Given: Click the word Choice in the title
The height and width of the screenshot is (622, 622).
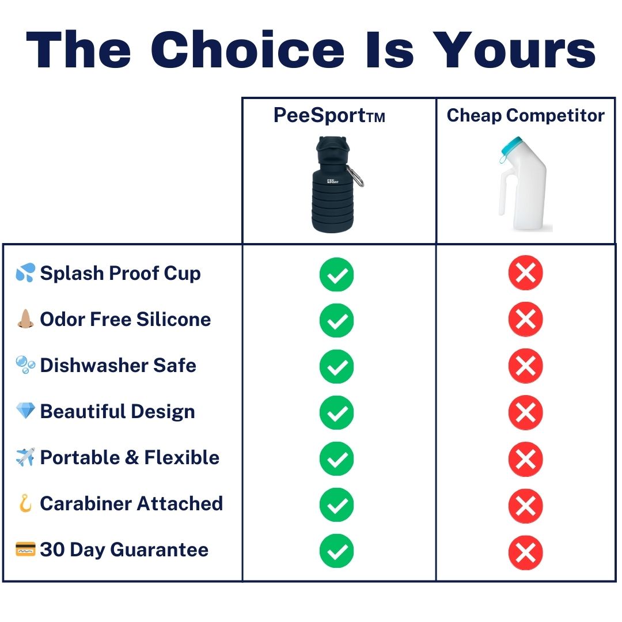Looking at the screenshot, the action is tap(248, 50).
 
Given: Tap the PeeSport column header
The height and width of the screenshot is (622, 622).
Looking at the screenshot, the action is tap(329, 115).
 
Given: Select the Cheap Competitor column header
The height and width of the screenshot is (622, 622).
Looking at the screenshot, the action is tap(526, 115).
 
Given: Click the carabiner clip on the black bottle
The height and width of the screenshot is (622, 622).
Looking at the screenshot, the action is tap(355, 176).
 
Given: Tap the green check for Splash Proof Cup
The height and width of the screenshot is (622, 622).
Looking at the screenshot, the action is tap(336, 274).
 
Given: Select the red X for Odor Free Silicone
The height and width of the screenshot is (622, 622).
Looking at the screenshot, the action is tap(526, 319).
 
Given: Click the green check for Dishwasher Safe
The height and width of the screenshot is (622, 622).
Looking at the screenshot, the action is tap(336, 366).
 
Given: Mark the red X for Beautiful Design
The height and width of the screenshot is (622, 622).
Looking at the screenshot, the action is tap(526, 412).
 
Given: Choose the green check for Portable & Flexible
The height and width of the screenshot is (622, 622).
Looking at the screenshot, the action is tap(336, 458).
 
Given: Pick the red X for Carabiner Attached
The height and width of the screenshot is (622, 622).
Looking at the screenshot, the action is tap(526, 506).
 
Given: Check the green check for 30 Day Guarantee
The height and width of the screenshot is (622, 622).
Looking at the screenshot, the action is tap(336, 551).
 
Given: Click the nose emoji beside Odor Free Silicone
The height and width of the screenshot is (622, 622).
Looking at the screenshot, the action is tap(25, 318).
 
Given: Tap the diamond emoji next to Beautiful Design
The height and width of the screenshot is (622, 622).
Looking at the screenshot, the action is tap(25, 411).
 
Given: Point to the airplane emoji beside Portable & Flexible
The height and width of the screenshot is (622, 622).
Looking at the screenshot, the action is tap(25, 457).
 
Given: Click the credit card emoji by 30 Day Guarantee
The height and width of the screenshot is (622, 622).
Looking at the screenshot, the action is tap(25, 549).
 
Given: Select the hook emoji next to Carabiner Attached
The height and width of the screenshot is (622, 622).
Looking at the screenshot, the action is tap(25, 503).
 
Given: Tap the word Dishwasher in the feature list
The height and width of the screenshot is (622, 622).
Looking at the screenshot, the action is tap(94, 365).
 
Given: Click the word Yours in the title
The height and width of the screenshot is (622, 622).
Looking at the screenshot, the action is tap(514, 50).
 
